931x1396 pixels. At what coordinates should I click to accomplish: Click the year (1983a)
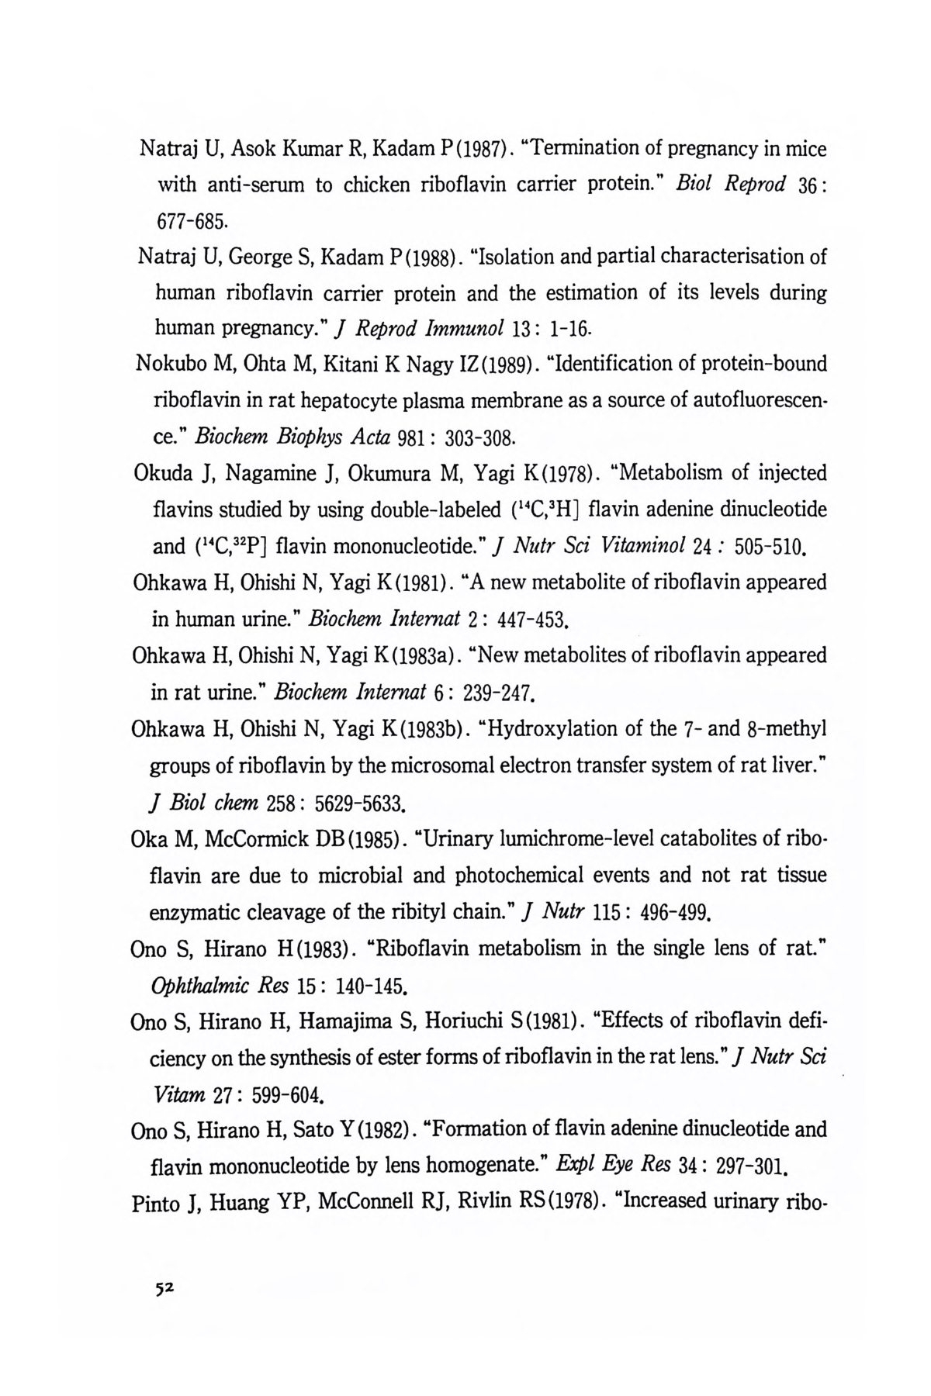pos(420,655)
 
